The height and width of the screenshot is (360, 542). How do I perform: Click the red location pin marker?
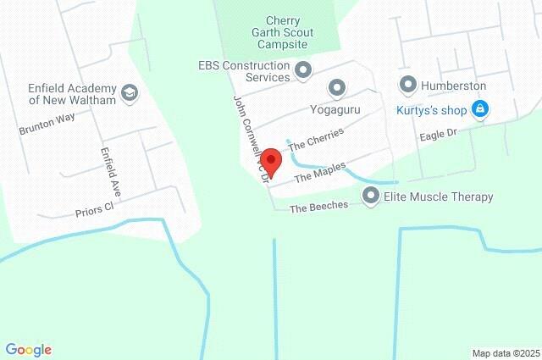pyautogui.click(x=270, y=159)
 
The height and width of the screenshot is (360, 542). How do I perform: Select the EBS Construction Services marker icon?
pyautogui.click(x=303, y=70)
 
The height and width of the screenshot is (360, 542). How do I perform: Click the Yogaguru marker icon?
pyautogui.click(x=337, y=86)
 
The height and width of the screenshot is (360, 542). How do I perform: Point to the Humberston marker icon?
pyautogui.click(x=408, y=86)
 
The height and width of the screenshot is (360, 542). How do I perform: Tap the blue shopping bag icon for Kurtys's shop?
pyautogui.click(x=479, y=108)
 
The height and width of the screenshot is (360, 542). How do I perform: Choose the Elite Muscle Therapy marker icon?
pyautogui.click(x=370, y=197)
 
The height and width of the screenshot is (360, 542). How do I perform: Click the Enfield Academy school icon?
pyautogui.click(x=130, y=92)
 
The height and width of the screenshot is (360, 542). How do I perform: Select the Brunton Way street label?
pyautogui.click(x=47, y=124)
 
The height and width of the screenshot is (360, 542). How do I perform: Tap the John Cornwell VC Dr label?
pyautogui.click(x=250, y=140)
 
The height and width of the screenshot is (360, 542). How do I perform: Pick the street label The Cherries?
pyautogui.click(x=315, y=139)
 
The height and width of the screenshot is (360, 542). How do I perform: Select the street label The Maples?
pyautogui.click(x=320, y=172)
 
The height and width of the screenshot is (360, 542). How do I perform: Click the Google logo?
pyautogui.click(x=28, y=349)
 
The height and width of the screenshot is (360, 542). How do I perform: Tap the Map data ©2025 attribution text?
pyautogui.click(x=505, y=353)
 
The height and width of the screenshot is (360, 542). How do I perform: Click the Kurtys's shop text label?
pyautogui.click(x=429, y=108)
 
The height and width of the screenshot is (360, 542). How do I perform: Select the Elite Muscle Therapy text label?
pyautogui.click(x=439, y=197)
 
